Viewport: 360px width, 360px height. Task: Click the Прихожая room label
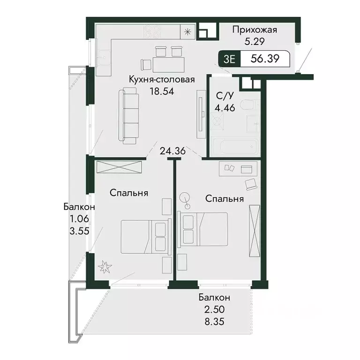point(255,30)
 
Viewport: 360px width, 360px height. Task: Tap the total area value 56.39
point(263,60)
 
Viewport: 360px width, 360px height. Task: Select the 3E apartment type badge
point(230,60)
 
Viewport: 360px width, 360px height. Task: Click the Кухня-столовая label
point(162,80)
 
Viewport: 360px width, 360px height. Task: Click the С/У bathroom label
point(223,97)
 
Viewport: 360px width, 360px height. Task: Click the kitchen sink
point(103,56)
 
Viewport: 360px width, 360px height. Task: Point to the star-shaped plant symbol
point(105,269)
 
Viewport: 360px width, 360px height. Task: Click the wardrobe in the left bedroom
point(119,167)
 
